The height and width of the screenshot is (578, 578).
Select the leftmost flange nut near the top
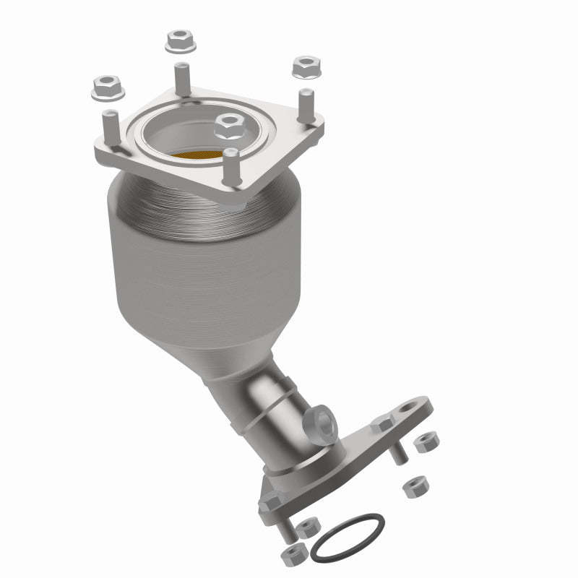tap(108, 87)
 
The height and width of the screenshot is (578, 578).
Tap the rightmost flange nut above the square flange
tap(306, 69)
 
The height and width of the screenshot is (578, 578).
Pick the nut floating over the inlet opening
tap(230, 127)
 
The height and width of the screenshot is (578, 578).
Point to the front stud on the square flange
tap(231, 168)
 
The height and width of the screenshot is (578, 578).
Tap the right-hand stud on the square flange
tap(307, 105)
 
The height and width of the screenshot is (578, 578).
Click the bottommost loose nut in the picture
tap(294, 554)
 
